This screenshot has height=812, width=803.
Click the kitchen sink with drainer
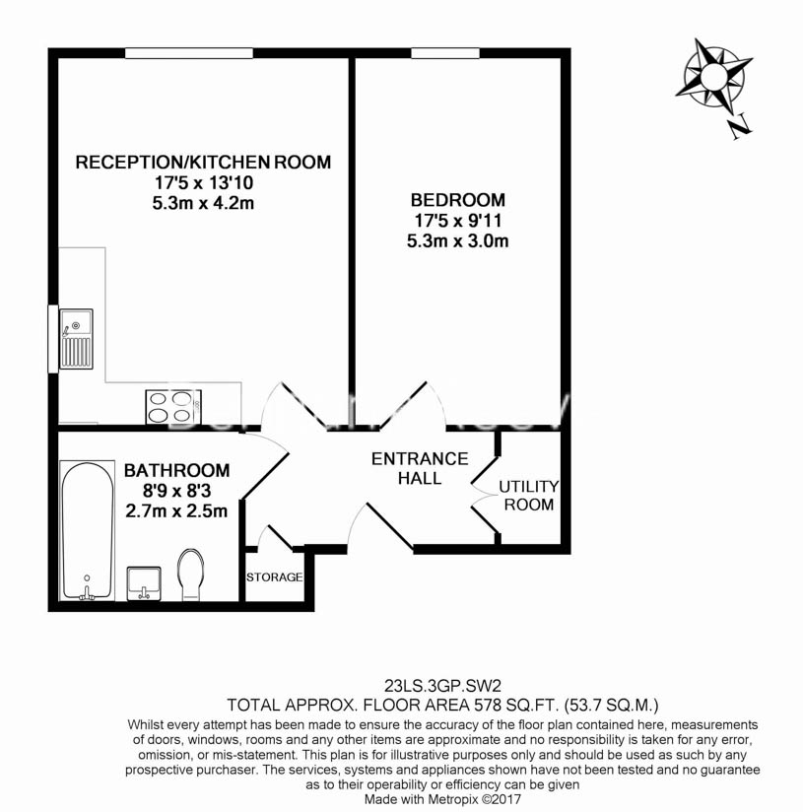click(76, 337)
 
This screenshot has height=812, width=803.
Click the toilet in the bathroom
click(191, 574)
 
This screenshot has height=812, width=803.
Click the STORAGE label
click(274, 577)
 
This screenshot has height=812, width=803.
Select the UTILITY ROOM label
click(528, 496)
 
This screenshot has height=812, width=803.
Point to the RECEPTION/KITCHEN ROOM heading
click(204, 162)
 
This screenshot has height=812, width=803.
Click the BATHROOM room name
click(177, 471)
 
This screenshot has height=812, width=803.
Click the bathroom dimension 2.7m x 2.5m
click(177, 511)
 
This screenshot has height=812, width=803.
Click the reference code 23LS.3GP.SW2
click(440, 685)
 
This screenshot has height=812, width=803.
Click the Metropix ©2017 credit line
click(440, 800)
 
